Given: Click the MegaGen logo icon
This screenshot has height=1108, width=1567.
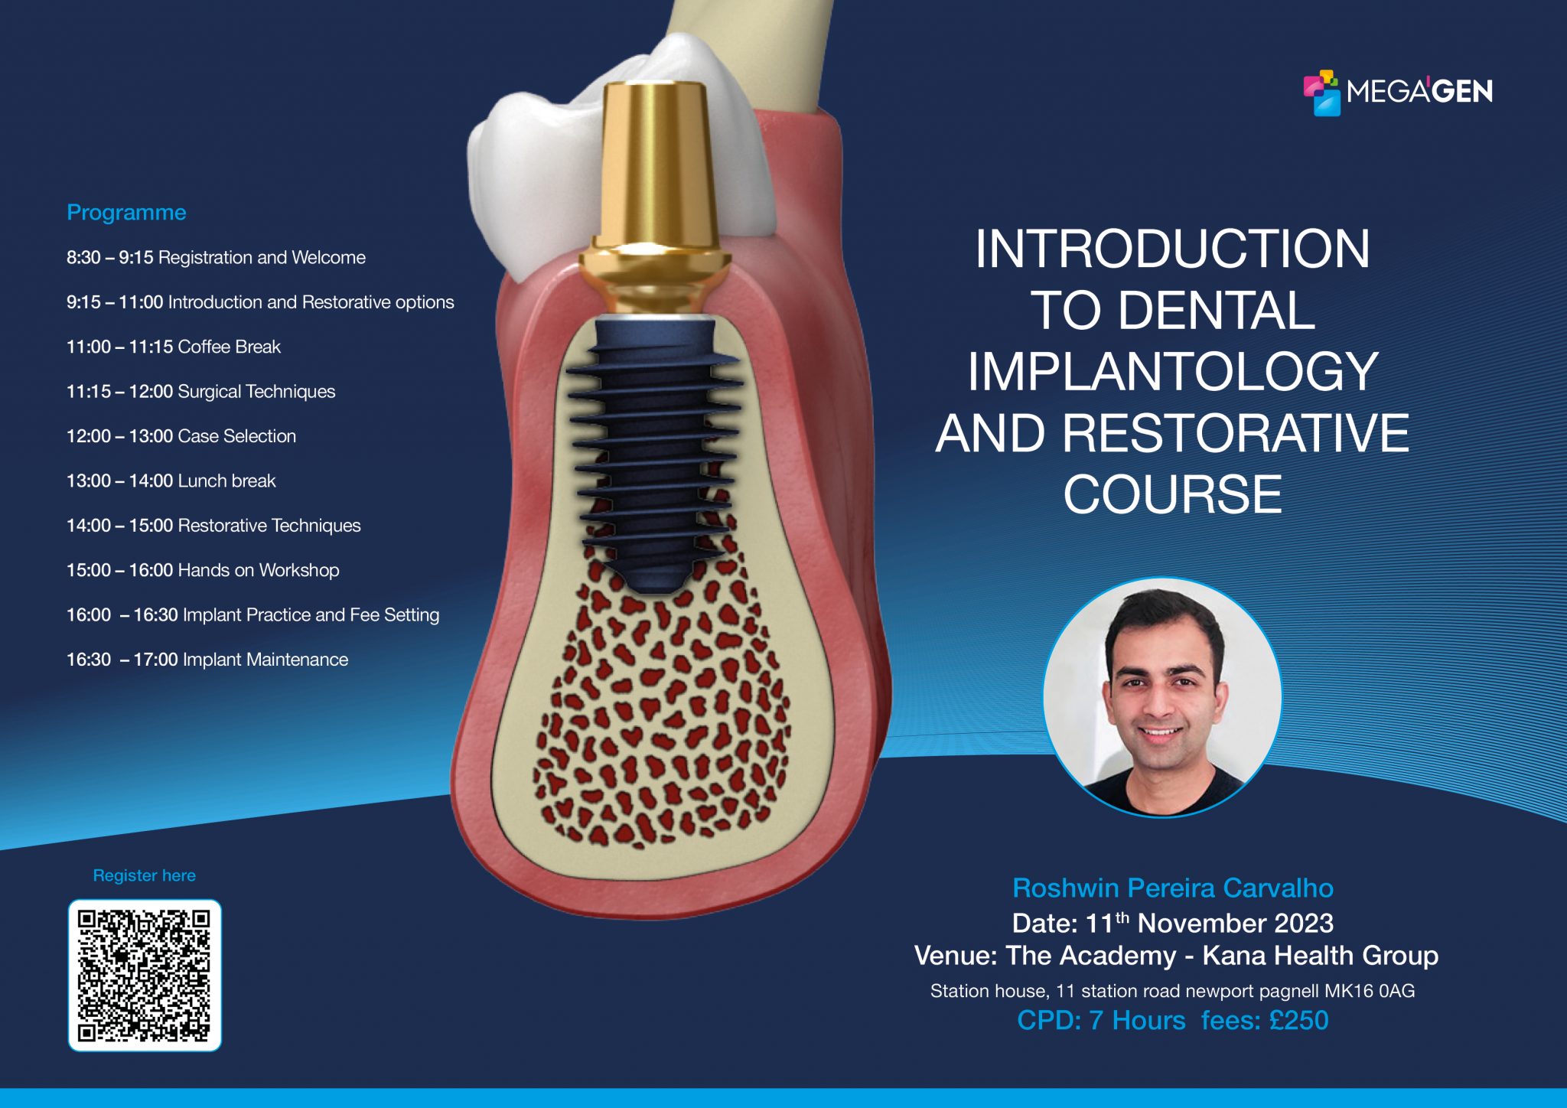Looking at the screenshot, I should tap(1321, 93).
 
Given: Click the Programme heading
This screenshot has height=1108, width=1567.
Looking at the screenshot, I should tap(126, 212).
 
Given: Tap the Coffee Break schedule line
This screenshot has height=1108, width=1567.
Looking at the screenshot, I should tap(174, 347).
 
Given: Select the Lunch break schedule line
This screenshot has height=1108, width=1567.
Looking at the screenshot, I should tap(171, 481).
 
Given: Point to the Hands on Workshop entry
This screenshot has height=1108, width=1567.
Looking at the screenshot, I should tap(203, 570).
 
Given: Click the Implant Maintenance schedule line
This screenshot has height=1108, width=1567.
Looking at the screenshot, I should tap(207, 660).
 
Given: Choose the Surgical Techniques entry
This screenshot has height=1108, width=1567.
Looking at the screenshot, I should tap(200, 391).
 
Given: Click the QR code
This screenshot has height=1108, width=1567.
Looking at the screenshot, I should tap(145, 975).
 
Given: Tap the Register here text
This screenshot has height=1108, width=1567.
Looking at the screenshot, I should tap(144, 875).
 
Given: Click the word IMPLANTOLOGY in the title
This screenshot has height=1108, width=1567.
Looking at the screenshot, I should tap(1172, 372).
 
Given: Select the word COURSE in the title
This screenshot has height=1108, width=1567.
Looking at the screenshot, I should tap(1172, 494).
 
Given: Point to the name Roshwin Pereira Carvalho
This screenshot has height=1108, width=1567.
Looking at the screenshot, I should tap(1172, 888).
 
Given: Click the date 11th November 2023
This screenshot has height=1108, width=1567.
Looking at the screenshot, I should tap(1209, 923).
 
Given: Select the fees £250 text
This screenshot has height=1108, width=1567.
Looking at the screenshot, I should tap(1264, 1020).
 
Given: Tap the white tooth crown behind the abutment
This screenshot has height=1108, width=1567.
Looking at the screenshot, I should tap(528, 176).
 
